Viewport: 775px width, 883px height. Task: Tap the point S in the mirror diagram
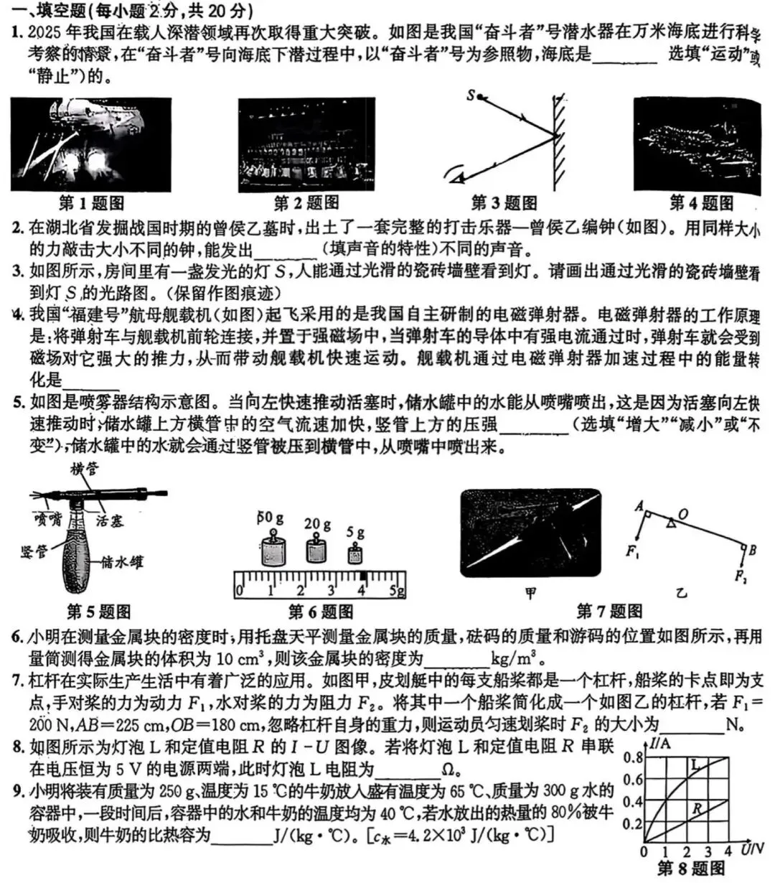pos(471,95)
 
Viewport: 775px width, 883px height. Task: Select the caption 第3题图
pos(504,203)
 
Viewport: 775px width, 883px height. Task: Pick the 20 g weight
pos(316,549)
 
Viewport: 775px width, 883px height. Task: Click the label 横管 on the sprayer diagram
pos(85,469)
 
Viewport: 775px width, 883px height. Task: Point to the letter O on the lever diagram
pos(682,513)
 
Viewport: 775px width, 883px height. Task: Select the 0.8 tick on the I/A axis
pos(633,757)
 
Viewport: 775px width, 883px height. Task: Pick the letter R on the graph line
pos(696,810)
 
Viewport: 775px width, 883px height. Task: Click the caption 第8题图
pos(691,869)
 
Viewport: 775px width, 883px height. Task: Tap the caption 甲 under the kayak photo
pos(530,593)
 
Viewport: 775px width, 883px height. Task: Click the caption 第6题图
pos(320,612)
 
